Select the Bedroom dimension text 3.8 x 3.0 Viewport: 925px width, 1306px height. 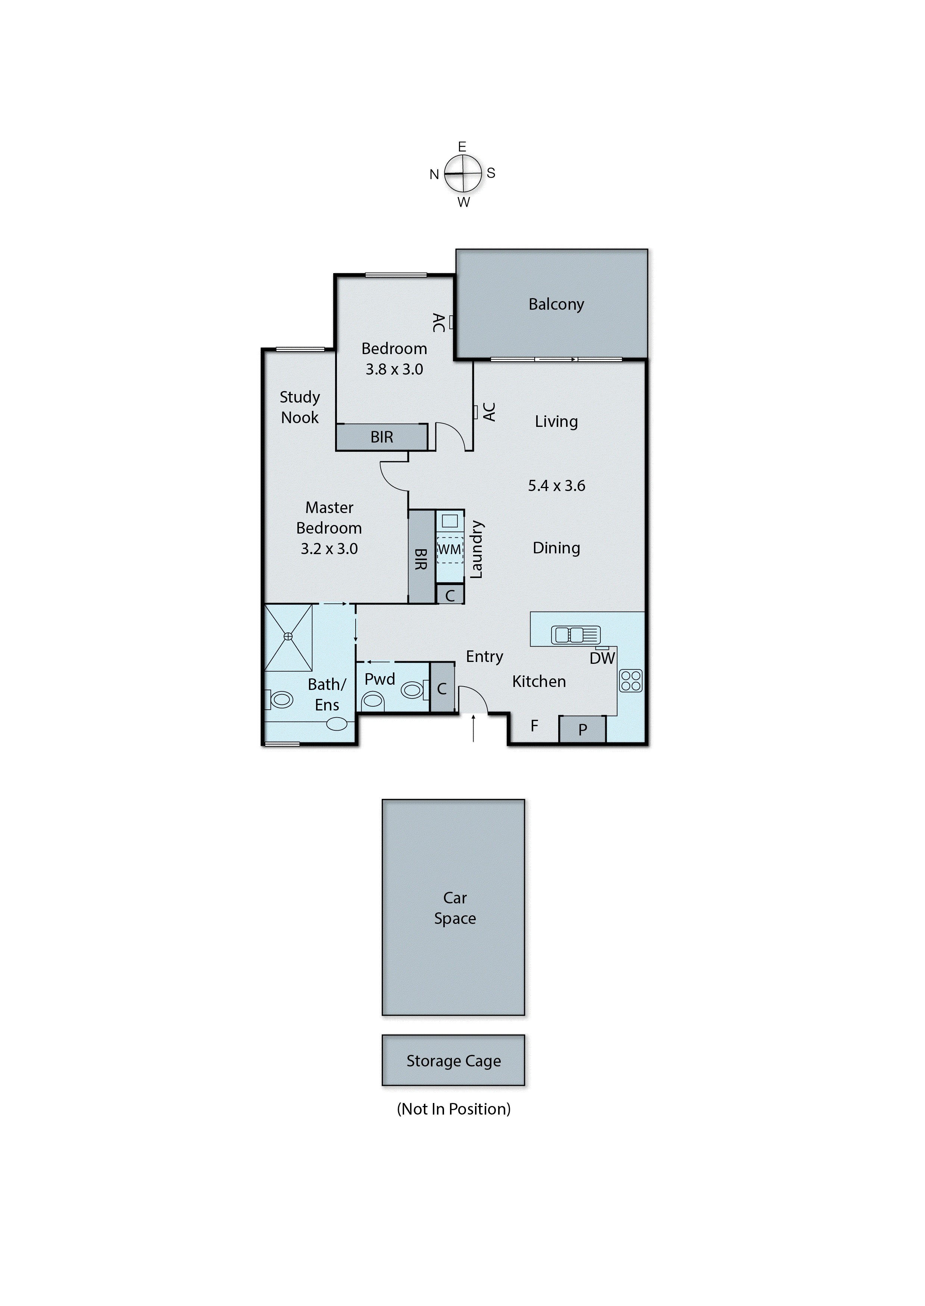click(394, 369)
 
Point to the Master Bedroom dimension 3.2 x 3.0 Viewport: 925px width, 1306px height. click(329, 549)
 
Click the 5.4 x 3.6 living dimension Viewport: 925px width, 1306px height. click(556, 485)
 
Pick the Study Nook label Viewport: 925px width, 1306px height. click(300, 407)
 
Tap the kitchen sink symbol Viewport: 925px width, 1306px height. click(576, 634)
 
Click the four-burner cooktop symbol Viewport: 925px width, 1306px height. click(631, 681)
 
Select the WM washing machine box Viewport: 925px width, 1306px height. click(449, 550)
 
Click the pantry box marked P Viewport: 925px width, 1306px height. click(582, 729)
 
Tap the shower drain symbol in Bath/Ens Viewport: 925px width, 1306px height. click(288, 637)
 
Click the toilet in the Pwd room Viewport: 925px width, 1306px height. click(373, 699)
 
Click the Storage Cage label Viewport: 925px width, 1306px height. click(453, 1060)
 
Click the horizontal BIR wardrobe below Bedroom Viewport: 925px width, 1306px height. click(382, 437)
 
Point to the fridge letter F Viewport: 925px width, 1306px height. click(534, 726)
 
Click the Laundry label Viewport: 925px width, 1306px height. click(476, 550)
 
